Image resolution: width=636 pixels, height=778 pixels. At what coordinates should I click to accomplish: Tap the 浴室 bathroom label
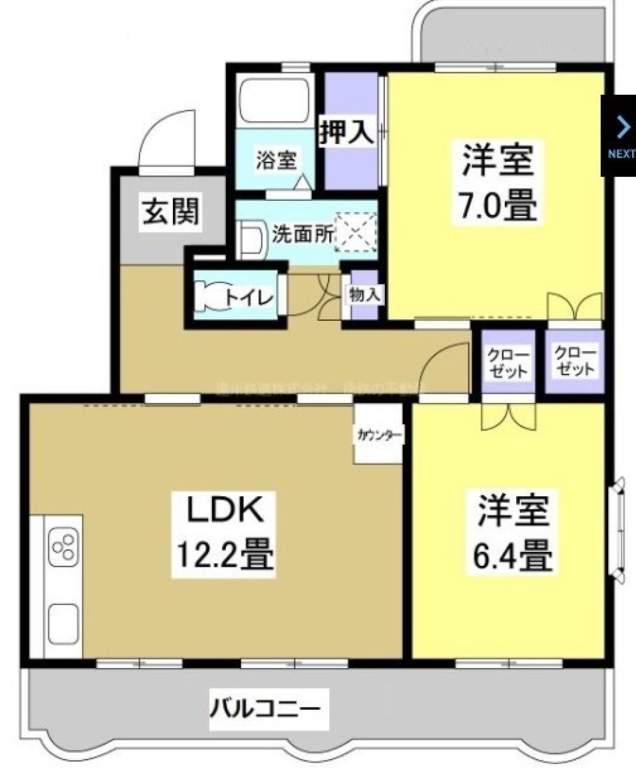click(x=276, y=160)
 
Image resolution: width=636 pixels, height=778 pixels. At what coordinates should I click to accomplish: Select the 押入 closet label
click(x=347, y=133)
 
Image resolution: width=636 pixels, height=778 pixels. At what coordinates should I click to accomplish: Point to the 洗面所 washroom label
click(x=302, y=235)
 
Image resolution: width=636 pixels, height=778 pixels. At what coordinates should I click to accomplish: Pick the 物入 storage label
click(x=364, y=296)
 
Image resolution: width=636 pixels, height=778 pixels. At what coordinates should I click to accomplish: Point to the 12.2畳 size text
click(x=223, y=555)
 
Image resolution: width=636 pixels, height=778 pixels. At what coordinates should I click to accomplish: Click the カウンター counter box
click(x=379, y=435)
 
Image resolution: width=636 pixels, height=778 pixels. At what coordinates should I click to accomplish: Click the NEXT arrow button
click(x=620, y=136)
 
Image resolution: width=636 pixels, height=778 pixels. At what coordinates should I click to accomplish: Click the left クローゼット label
click(x=508, y=363)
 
